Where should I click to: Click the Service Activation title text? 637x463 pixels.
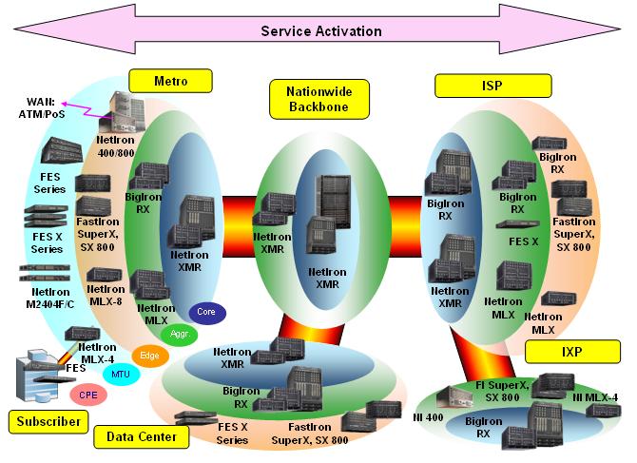click(321, 31)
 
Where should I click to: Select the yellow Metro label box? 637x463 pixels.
click(170, 81)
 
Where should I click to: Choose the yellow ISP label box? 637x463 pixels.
click(481, 87)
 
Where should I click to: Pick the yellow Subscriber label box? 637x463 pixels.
click(41, 419)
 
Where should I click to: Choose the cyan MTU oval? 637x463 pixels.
click(120, 374)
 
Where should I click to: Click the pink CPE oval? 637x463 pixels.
click(87, 394)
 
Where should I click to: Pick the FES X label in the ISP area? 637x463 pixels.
click(525, 241)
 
